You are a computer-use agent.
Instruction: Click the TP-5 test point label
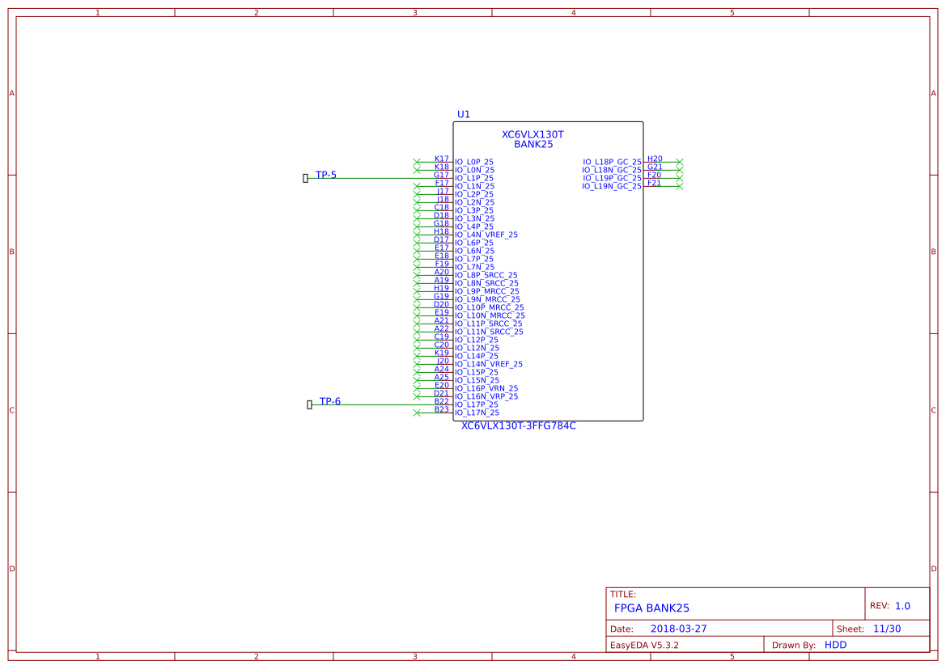point(326,175)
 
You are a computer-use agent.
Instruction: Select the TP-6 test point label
point(330,401)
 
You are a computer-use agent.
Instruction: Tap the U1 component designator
point(463,115)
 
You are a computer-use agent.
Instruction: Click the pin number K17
point(441,159)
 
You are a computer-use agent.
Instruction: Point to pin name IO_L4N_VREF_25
point(486,235)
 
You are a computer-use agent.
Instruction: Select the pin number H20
point(655,159)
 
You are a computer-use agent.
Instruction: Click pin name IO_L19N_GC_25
point(611,186)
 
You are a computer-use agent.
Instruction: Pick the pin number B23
point(441,409)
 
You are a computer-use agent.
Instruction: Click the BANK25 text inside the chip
point(533,145)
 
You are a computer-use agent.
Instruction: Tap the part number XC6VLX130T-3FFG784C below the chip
point(519,426)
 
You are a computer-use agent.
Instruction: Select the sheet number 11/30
point(888,629)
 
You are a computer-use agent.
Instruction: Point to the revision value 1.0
point(902,606)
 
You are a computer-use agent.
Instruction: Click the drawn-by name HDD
point(836,645)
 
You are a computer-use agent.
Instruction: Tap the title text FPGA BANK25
point(651,608)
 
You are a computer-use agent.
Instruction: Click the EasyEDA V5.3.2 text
point(644,646)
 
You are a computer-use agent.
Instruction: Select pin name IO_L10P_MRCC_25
point(490,307)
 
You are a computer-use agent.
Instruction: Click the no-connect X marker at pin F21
point(680,186)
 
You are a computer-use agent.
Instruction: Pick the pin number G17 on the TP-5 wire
point(441,175)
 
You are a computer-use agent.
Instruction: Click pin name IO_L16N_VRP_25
point(486,396)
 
